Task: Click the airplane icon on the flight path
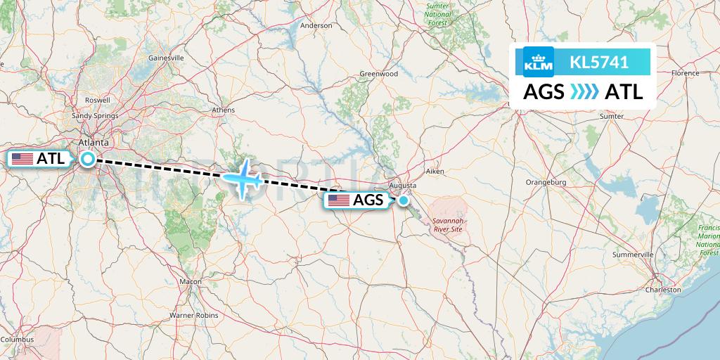pos(243,178)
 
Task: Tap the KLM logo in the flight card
pos(539,62)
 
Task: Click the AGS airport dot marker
pos(404,200)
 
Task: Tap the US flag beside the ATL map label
pos(22,159)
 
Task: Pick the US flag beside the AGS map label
pos(339,200)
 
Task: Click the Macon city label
pos(191,281)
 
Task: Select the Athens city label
pos(224,110)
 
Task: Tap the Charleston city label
pos(664,289)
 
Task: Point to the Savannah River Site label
pos(447,224)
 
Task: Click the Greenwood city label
pos(378,73)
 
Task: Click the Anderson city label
pos(316,25)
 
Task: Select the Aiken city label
pos(436,171)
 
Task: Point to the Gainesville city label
pos(166,58)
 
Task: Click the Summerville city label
pos(633,254)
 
